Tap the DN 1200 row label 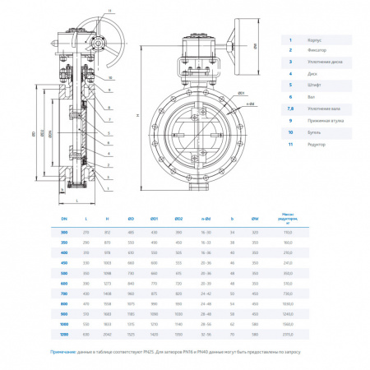click(63, 335)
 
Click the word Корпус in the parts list click(315, 39)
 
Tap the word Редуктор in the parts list click(317, 144)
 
